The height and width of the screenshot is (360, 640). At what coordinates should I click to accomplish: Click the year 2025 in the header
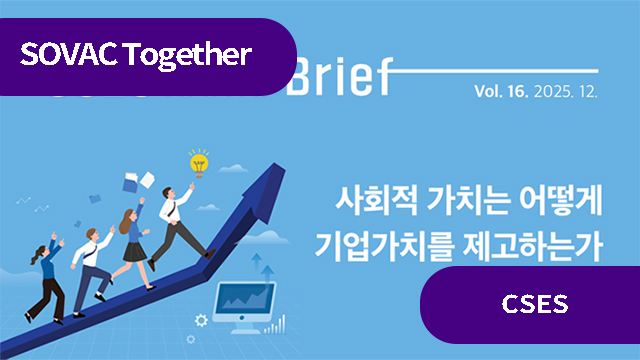pyautogui.click(x=552, y=91)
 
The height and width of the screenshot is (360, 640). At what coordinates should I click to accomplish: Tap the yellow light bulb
pyautogui.click(x=198, y=162)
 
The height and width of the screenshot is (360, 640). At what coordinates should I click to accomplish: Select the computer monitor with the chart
pyautogui.click(x=245, y=300)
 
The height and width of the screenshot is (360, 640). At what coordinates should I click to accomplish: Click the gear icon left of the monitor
pyautogui.click(x=202, y=320)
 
